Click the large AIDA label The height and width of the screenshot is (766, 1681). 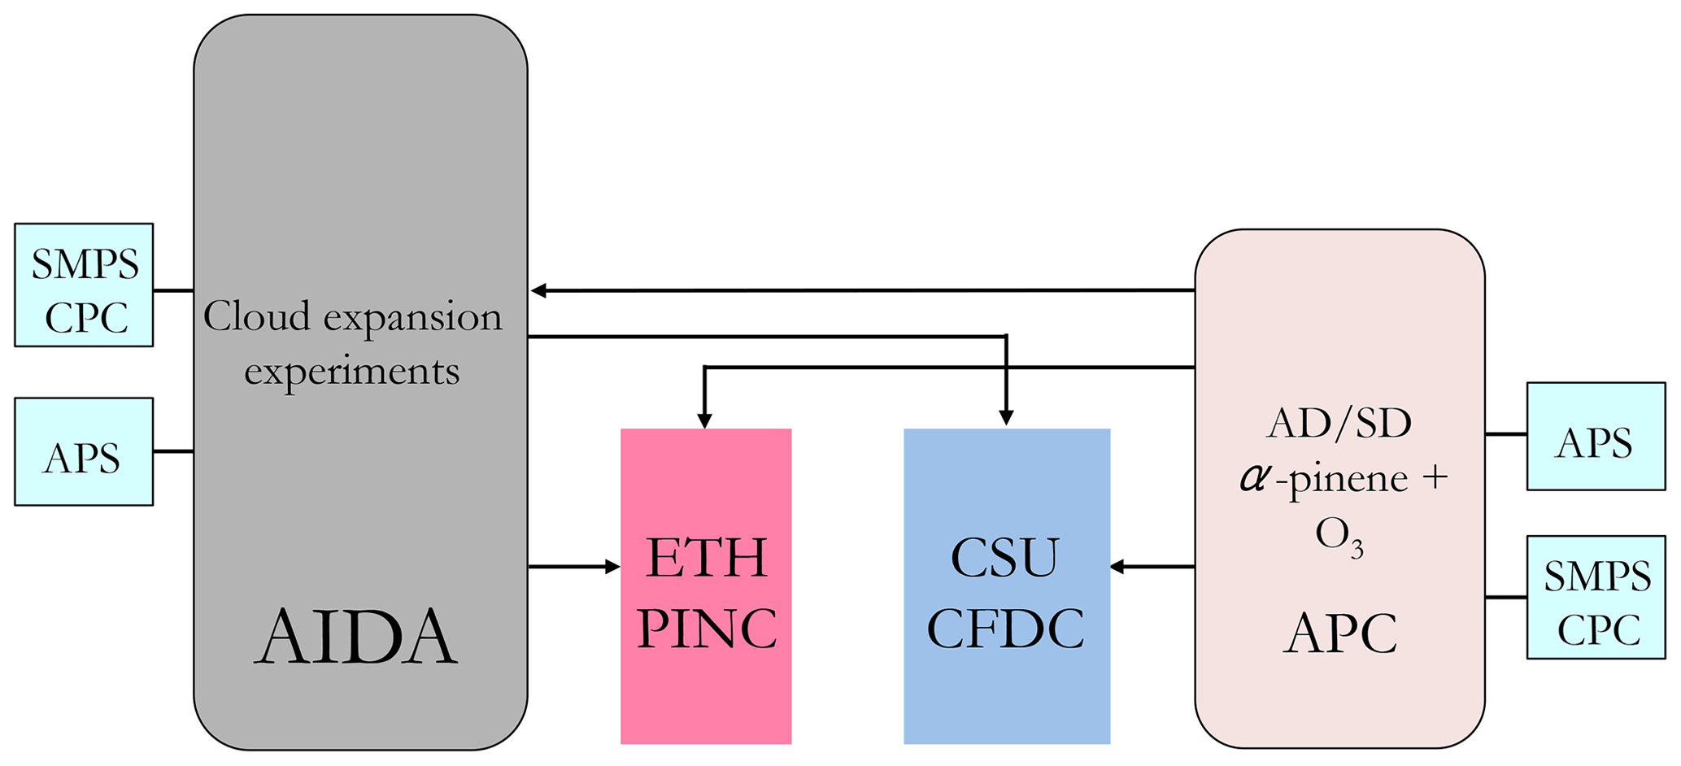(355, 638)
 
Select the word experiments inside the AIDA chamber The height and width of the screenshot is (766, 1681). (351, 371)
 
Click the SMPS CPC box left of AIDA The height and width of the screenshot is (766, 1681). (84, 285)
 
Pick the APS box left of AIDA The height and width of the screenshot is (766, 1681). (84, 452)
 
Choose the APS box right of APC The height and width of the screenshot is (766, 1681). (1595, 437)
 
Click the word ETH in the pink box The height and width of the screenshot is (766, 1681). (706, 558)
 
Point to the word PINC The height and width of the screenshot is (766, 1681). (706, 629)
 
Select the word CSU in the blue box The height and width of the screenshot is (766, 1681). (1005, 558)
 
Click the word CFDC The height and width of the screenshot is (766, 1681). (1005, 629)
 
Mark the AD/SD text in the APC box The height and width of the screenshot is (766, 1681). (1339, 424)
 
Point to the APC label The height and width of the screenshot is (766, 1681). (1339, 633)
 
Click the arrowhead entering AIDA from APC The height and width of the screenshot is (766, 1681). (538, 290)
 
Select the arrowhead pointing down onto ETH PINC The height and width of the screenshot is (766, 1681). (704, 420)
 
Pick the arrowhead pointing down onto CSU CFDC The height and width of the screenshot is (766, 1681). (1006, 418)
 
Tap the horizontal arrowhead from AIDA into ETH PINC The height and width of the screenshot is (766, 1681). (612, 567)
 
